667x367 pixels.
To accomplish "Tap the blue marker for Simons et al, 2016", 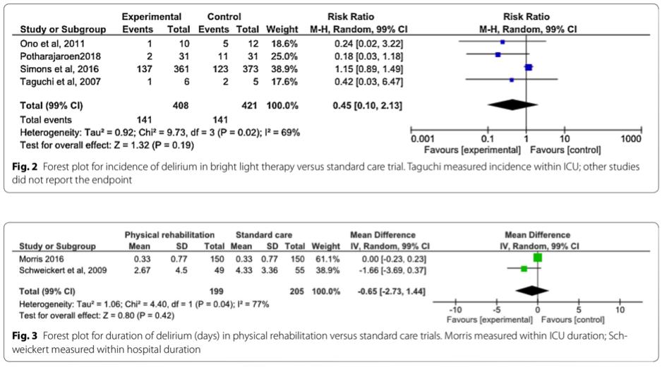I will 529,67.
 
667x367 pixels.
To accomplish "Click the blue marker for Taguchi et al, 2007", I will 512,80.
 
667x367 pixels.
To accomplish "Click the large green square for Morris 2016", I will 538,258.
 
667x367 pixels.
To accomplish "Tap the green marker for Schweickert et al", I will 524,269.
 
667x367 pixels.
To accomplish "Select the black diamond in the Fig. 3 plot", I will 532,290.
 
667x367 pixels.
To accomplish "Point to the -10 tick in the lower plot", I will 455,309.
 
